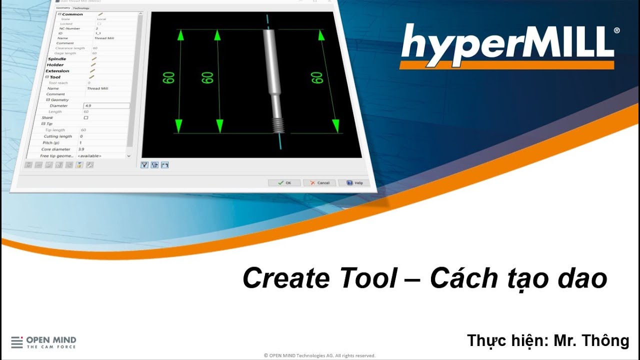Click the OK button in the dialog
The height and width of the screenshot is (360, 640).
pos(284,182)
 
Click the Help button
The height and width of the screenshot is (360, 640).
pos(354,183)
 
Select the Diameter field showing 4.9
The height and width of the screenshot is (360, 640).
pos(106,106)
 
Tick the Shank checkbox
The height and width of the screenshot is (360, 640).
pos(85,118)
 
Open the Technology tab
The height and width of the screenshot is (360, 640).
pos(81,8)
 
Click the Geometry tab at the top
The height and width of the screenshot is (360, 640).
pos(63,8)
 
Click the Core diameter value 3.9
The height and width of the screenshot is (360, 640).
pos(81,149)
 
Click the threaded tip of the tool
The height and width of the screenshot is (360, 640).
pos(279,125)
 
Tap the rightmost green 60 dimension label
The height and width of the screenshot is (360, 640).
pos(316,77)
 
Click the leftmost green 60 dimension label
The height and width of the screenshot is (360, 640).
pos(168,77)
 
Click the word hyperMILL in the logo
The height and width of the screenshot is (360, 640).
pos(507,42)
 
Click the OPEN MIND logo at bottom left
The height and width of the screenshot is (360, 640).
pos(43,342)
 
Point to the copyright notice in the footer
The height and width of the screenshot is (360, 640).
pos(319,355)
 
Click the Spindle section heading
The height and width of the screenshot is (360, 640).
pos(56,59)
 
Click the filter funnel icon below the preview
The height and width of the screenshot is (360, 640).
pos(144,165)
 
